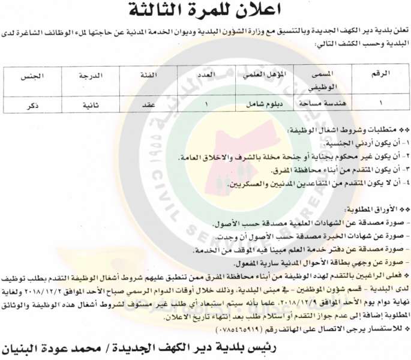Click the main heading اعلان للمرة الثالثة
point(207,10)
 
